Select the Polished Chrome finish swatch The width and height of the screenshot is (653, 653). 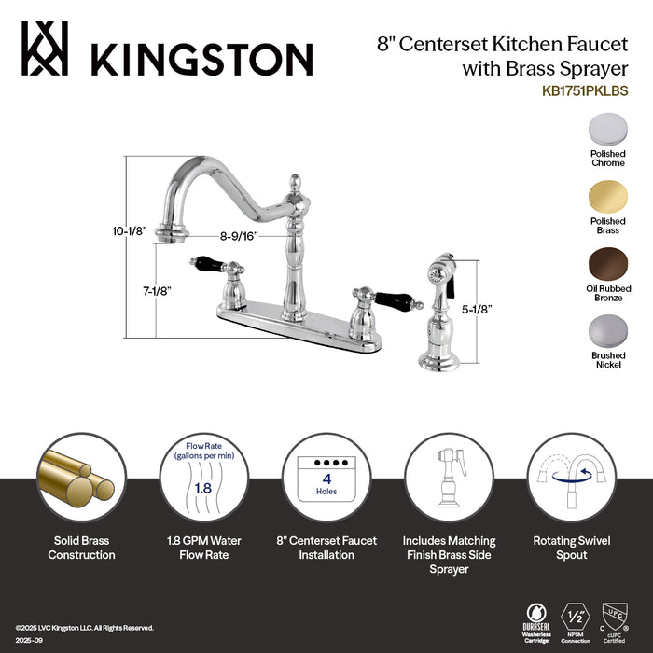607,128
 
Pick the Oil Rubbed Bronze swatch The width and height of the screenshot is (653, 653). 607,263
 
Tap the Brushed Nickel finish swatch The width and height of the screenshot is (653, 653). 607,332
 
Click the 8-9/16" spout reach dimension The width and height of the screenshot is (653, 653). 233,237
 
